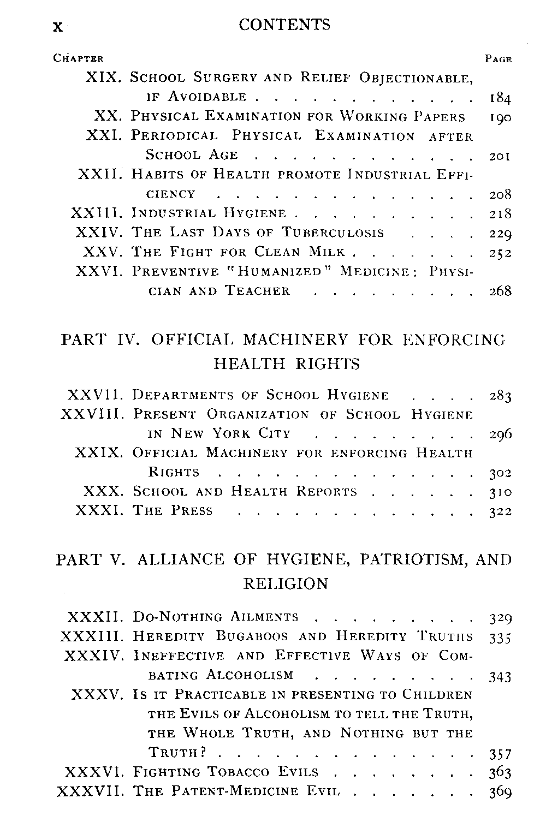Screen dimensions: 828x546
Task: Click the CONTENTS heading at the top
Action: point(284,25)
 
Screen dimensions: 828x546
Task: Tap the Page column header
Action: point(498,59)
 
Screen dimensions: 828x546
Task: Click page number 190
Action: point(500,117)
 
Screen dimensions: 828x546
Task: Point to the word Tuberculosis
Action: point(333,233)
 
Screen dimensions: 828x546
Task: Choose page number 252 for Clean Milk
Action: point(500,252)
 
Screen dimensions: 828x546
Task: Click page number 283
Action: point(500,396)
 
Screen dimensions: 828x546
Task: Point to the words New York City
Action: point(230,434)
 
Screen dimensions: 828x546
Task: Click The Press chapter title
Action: point(173,511)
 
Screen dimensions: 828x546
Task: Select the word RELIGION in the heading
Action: point(286,584)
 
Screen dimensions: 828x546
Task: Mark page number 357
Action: point(500,754)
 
